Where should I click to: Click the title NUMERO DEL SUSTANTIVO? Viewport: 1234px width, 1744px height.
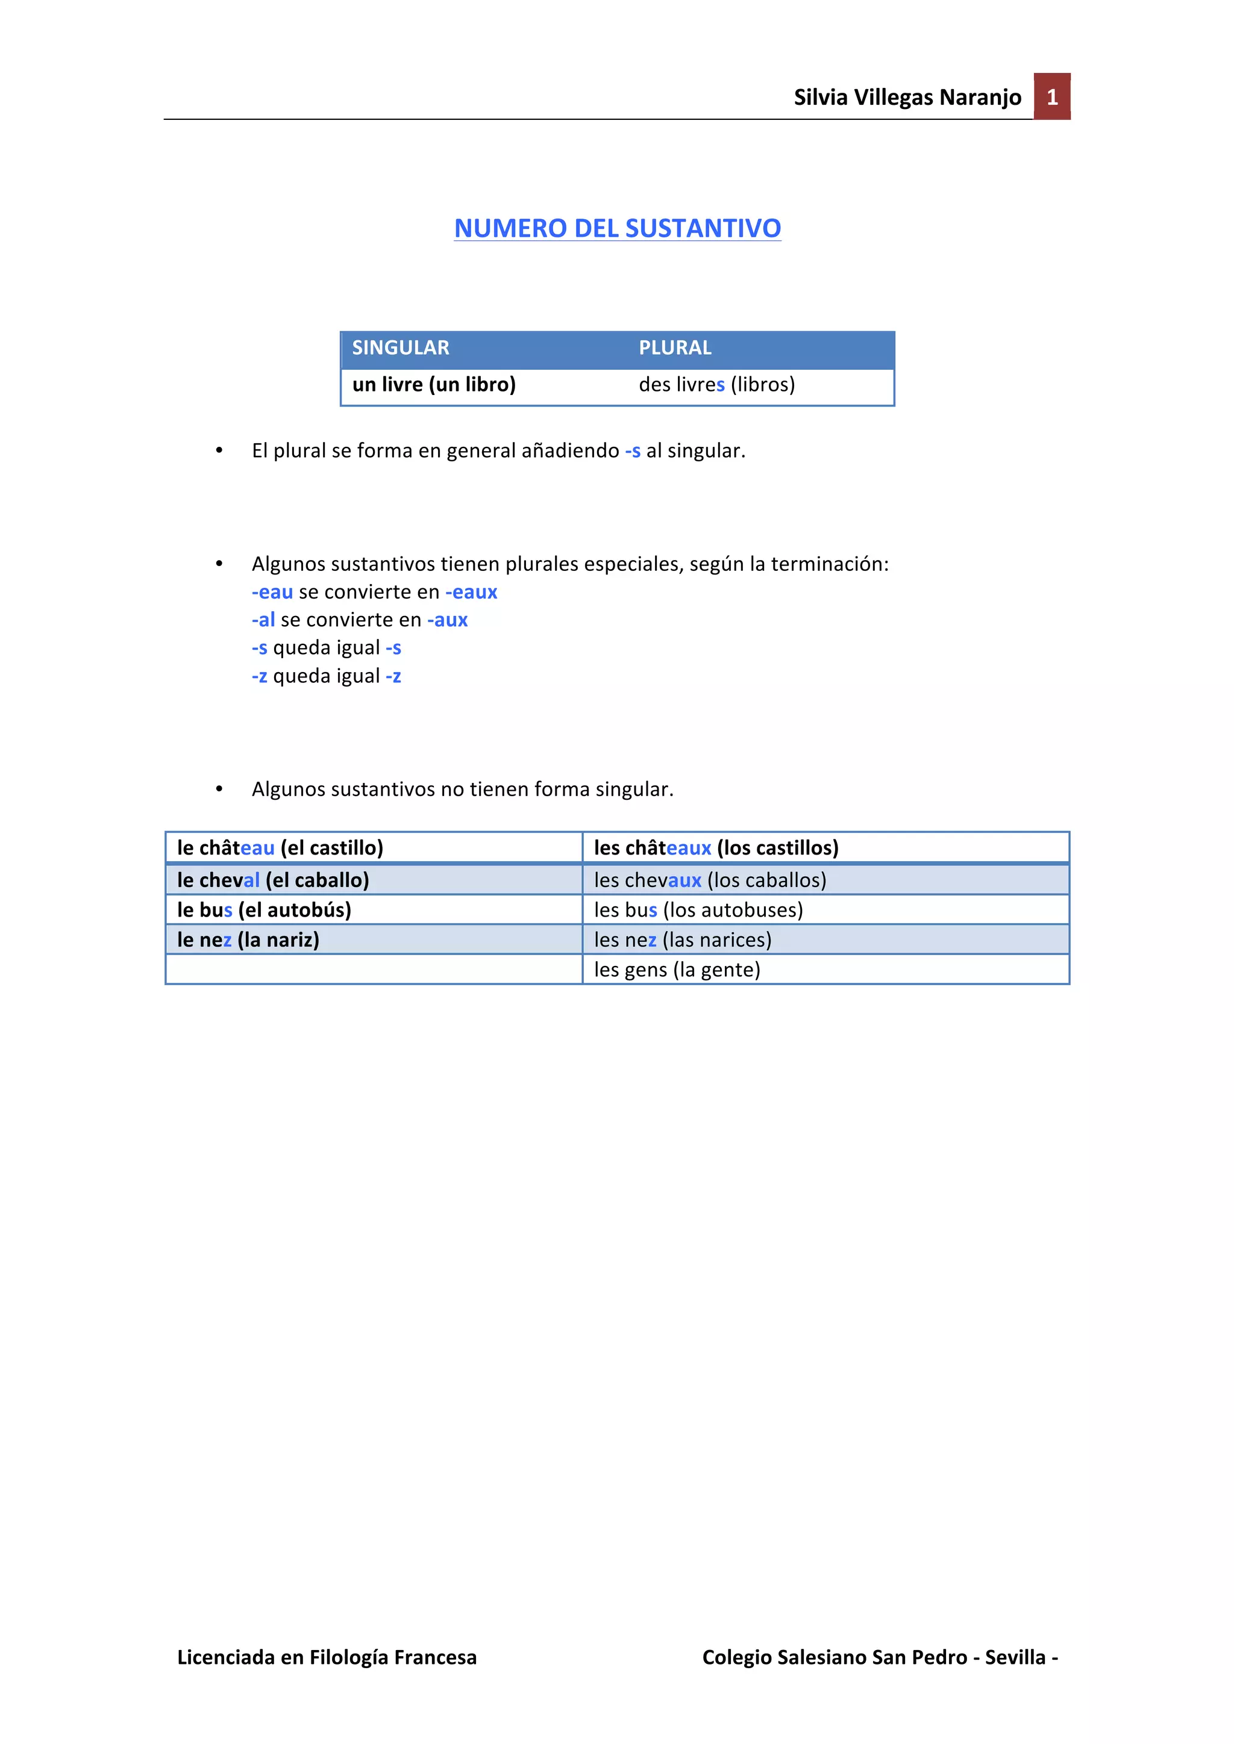coord(617,228)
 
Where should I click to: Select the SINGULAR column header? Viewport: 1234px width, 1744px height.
coord(401,348)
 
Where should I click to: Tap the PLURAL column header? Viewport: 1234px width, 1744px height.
coord(675,348)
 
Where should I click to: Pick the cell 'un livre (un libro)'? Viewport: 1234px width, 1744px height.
coord(434,384)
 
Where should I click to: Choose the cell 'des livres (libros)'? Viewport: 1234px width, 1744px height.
coord(716,384)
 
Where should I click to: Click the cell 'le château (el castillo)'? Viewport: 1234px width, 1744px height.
coord(280,848)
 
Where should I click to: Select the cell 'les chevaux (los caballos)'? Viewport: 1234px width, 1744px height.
coord(710,880)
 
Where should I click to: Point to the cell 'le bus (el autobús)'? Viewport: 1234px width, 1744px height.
coord(264,910)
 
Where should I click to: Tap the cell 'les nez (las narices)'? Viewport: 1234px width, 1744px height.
coord(682,941)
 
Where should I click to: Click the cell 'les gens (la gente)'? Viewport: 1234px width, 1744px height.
coord(677,970)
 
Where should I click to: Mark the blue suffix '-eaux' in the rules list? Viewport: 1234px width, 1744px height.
coord(471,593)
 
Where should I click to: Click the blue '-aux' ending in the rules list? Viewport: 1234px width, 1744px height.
coord(448,621)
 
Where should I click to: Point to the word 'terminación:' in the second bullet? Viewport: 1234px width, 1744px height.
coord(830,564)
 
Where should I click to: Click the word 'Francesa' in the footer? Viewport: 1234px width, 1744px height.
coord(436,1657)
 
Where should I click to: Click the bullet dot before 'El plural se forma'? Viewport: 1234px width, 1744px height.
coord(219,451)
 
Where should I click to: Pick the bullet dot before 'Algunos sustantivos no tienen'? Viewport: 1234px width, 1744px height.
coord(219,790)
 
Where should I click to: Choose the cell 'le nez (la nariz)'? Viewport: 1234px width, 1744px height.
coord(248,941)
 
